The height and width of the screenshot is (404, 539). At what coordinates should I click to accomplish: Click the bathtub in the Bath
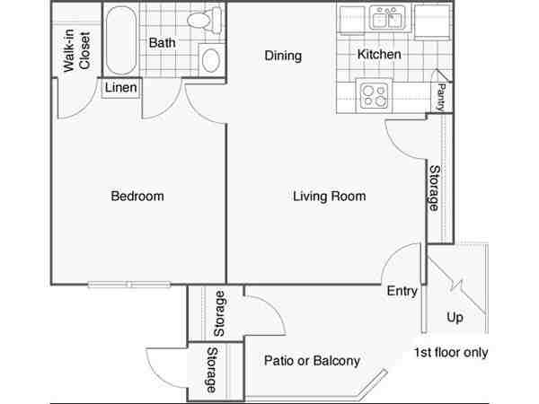click(120, 40)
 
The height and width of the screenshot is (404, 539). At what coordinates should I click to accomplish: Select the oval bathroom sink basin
click(211, 60)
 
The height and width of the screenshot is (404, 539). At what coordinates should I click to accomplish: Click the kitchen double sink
click(387, 18)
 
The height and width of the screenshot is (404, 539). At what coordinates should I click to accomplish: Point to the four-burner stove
click(375, 95)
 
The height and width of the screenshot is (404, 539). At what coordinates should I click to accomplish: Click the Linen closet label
click(120, 88)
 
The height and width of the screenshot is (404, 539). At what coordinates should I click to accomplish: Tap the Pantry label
click(440, 97)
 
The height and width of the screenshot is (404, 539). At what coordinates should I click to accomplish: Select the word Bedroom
click(137, 196)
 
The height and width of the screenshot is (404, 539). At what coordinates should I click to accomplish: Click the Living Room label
click(330, 196)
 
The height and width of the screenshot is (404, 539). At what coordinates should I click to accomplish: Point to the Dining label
click(283, 56)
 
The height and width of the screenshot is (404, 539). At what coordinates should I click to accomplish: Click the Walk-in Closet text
click(76, 50)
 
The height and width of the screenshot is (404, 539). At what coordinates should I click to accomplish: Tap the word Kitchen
click(379, 54)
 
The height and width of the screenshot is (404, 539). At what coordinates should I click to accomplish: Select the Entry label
click(402, 291)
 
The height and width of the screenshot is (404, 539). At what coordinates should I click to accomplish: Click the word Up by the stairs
click(455, 317)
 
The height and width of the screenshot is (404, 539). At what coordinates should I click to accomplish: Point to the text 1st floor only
click(451, 353)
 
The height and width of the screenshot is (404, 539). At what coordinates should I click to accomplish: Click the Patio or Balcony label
click(312, 360)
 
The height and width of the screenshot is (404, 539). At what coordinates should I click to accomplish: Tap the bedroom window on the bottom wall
click(129, 285)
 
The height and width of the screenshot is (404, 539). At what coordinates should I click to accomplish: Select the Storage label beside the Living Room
click(434, 189)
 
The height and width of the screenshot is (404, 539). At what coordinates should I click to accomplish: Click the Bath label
click(162, 43)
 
